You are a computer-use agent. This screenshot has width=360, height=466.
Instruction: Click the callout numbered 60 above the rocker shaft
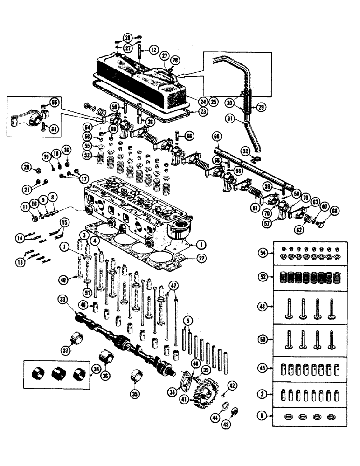[x=216, y=137]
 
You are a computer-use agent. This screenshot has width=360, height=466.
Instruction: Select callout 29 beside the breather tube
[x=262, y=108]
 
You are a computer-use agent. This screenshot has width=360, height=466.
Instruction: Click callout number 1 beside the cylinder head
[x=201, y=244]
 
